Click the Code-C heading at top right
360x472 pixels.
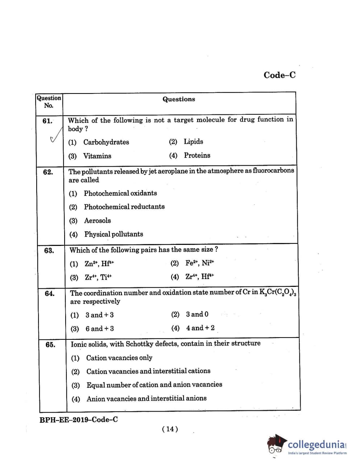tap(280, 75)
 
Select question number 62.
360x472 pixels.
tap(48, 172)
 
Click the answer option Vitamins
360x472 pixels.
tap(97, 156)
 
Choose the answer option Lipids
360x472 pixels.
tap(193, 142)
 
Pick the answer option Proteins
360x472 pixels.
tap(197, 155)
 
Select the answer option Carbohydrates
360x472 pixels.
tap(106, 142)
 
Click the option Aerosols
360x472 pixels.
tap(97, 221)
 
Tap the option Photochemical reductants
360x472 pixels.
tap(124, 207)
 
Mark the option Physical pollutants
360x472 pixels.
tap(113, 234)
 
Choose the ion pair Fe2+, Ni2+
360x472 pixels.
tap(199, 263)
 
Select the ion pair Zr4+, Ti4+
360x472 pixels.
tap(98, 277)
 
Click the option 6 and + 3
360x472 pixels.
tap(99, 329)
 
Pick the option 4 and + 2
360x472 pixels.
tap(200, 328)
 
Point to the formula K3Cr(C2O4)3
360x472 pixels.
tap(278, 293)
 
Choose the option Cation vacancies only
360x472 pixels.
tap(119, 358)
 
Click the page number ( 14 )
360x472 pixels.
tap(170, 429)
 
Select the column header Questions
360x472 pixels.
tap(179, 99)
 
